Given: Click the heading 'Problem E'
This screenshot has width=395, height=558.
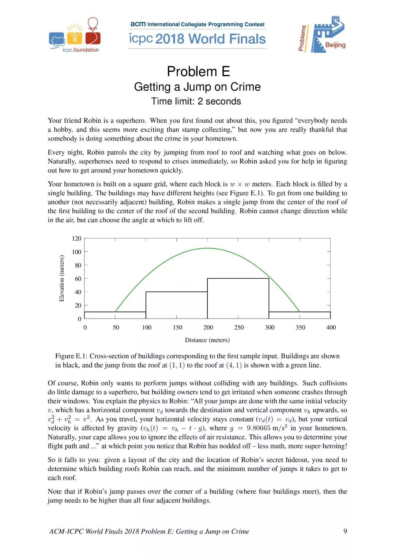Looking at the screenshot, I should pyautogui.click(x=198, y=71).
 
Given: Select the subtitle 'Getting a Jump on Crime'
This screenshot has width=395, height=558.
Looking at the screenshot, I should pyautogui.click(x=197, y=87).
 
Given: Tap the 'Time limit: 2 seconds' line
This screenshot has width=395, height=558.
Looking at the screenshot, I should pyautogui.click(x=196, y=101).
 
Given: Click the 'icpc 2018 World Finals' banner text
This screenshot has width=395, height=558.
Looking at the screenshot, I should pyautogui.click(x=197, y=39).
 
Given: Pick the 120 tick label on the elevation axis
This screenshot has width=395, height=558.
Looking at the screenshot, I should pyautogui.click(x=76, y=238).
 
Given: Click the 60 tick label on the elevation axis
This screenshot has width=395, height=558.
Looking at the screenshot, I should pyautogui.click(x=78, y=279).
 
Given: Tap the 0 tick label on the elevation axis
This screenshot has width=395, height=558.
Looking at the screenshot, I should pyautogui.click(x=79, y=319).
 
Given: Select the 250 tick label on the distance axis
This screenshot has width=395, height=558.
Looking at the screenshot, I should pyautogui.click(x=239, y=328).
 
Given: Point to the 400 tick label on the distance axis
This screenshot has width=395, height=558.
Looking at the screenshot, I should pyautogui.click(x=331, y=328).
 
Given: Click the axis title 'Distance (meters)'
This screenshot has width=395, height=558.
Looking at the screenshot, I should pyautogui.click(x=207, y=340).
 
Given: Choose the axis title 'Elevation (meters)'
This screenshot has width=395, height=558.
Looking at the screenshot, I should pyautogui.click(x=62, y=279).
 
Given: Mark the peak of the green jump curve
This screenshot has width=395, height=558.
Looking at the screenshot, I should pyautogui.click(x=207, y=248).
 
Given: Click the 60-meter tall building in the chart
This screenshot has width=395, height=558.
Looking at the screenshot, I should pyautogui.click(x=238, y=298).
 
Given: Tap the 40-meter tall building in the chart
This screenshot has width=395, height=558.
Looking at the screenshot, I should pyautogui.click(x=177, y=305).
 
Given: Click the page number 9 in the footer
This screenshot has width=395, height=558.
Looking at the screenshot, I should pyautogui.click(x=345, y=531).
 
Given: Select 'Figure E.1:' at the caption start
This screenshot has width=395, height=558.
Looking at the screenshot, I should pyautogui.click(x=71, y=356).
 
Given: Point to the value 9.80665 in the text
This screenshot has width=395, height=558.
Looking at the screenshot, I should pyautogui.click(x=259, y=428).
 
